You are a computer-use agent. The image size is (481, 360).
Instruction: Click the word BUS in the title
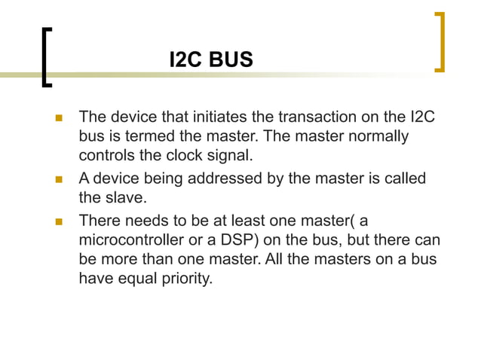coord(231,60)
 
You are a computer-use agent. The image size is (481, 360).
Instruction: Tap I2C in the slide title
coord(185,60)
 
